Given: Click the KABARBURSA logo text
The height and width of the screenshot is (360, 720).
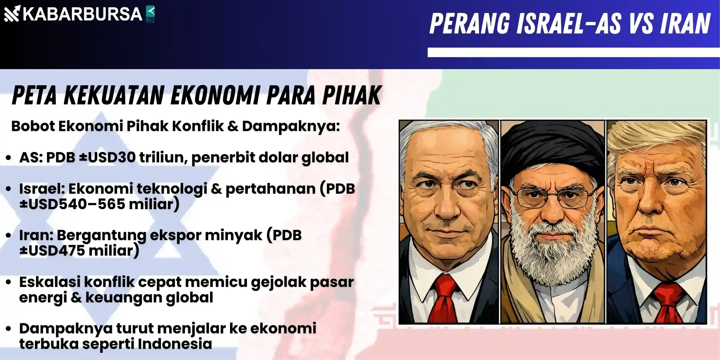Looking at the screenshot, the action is pos(82,14).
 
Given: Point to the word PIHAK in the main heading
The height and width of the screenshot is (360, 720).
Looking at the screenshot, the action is pos(351,95).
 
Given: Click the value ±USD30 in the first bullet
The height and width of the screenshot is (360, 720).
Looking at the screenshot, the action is pos(107,157).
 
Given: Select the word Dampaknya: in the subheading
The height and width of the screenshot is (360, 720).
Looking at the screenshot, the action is pos(291,126).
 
